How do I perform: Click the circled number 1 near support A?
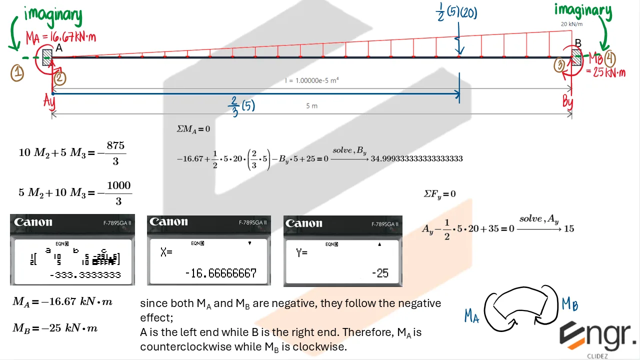17,74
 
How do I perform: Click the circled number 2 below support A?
59,78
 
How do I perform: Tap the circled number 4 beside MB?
610,58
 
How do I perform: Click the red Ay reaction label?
48,102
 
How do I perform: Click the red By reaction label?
567,102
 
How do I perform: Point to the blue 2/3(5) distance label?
241,106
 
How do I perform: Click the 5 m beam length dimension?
311,106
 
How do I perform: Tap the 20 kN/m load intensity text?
572,23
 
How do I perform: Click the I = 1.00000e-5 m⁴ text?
311,80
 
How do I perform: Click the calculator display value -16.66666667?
220,273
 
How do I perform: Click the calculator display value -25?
380,273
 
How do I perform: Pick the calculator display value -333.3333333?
84,275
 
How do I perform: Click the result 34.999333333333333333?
416,158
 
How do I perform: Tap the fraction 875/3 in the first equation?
115,152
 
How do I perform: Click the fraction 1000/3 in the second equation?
118,192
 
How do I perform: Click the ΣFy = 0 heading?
439,193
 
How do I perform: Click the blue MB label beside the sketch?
570,303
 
